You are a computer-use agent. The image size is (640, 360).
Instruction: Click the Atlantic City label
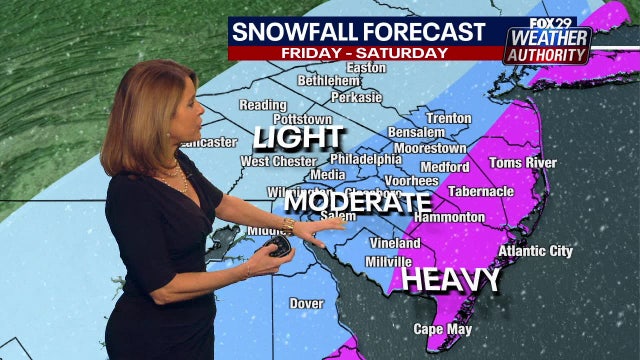click(x=535, y=251)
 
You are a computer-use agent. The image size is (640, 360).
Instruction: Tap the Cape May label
click(x=443, y=329)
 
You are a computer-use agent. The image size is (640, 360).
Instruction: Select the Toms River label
click(x=521, y=164)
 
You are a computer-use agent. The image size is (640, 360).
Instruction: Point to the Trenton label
click(x=447, y=118)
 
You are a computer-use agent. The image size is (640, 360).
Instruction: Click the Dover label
click(x=306, y=302)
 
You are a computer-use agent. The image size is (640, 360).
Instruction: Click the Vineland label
click(x=394, y=243)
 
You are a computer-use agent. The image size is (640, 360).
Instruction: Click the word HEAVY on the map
click(x=436, y=279)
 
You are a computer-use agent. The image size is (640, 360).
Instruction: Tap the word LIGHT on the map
click(x=298, y=137)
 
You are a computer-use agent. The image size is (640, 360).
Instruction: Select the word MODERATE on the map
click(x=356, y=202)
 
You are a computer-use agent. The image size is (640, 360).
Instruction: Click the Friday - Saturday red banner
click(x=364, y=52)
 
